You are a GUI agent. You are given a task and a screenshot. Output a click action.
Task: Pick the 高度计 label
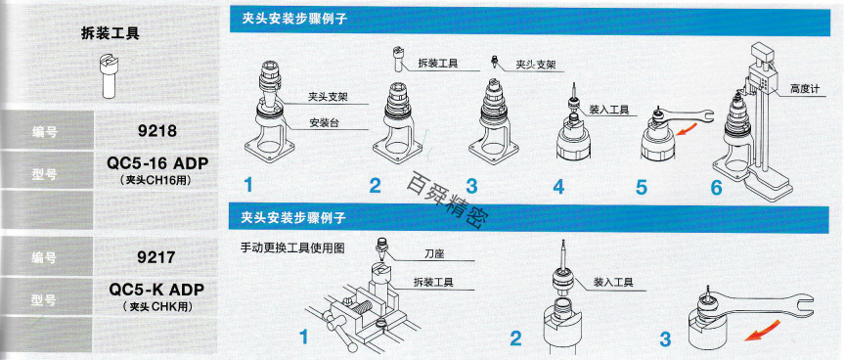pos(804,89)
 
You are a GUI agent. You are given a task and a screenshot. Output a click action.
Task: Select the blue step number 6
pos(716,185)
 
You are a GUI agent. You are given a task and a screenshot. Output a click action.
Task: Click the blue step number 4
pos(559,185)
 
